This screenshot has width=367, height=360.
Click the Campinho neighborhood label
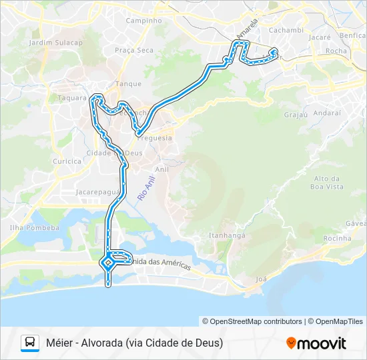click(144, 21)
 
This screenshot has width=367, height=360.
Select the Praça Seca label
click(133, 50)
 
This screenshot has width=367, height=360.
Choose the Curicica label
click(67, 161)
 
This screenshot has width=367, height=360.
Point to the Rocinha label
click(337, 238)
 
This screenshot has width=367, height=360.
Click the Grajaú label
click(294, 115)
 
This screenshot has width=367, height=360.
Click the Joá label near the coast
click(261, 279)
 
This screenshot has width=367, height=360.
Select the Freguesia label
click(154, 138)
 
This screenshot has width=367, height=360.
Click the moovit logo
click(316, 343)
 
